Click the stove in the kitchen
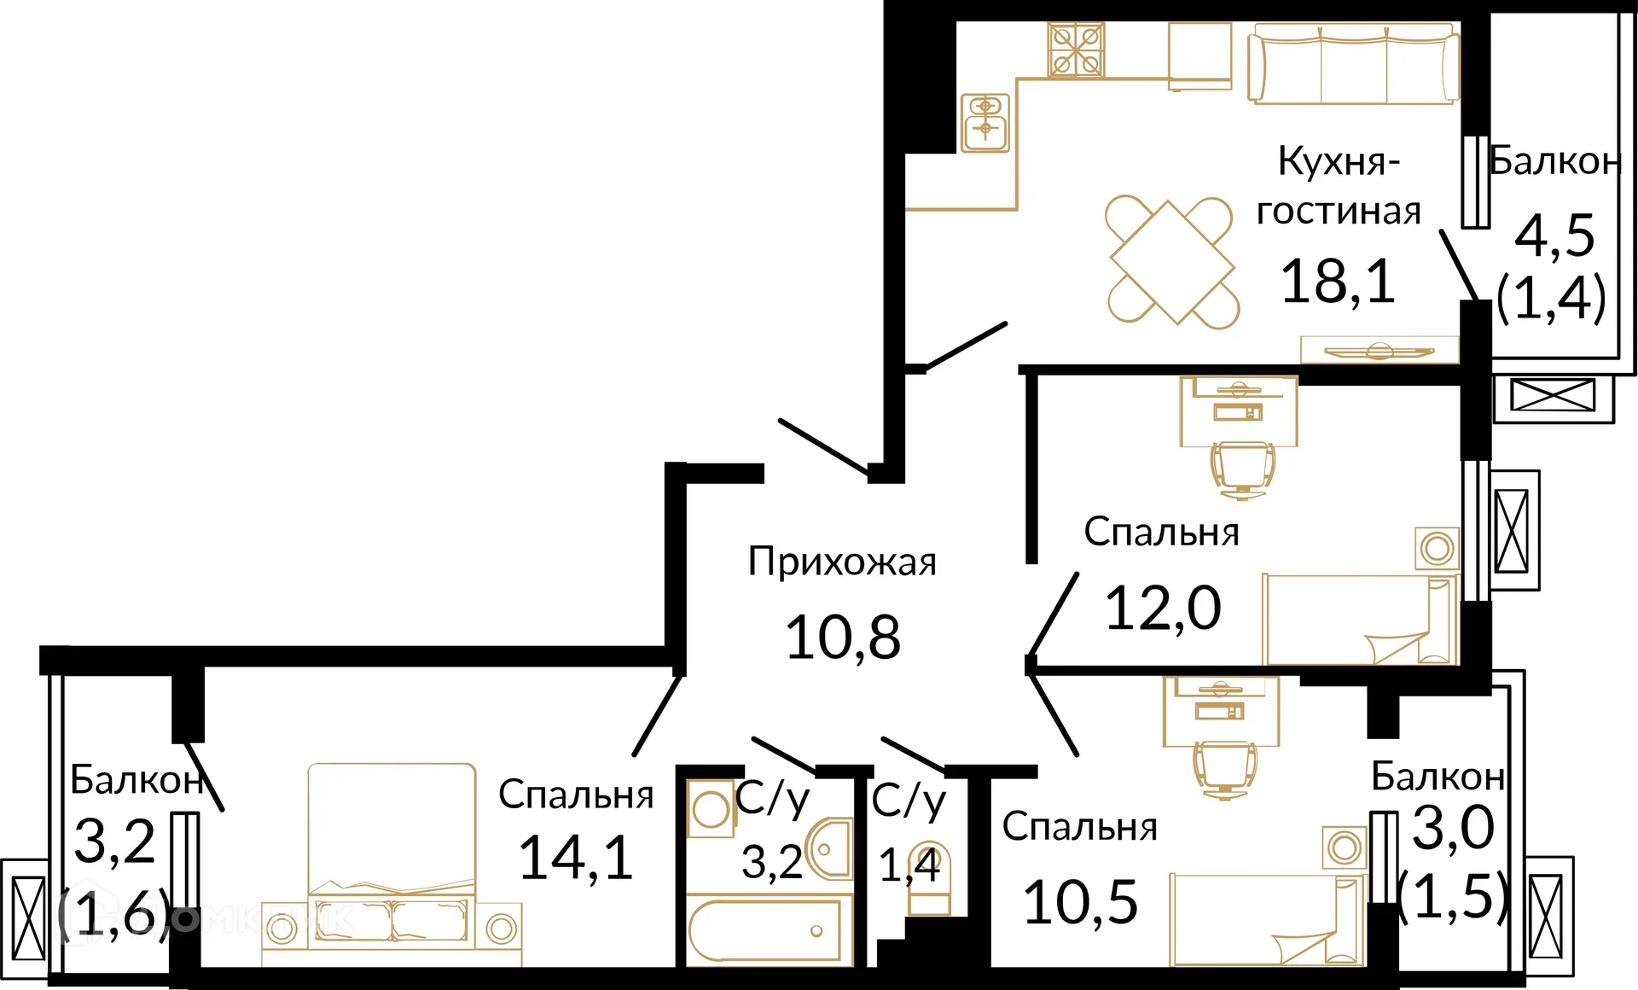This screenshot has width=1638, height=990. pos(1076,50)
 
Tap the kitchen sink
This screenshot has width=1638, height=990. pos(985,123)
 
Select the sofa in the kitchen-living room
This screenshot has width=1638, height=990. pos(1353,64)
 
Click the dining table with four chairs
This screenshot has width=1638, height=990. pos(1171,262)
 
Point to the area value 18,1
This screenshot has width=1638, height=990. pos(1338,282)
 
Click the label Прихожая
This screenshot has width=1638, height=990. pos(842,562)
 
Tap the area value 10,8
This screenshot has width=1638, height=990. pos(842,638)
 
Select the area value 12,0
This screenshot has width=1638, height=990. pos(1163,609)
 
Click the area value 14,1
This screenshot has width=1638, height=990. pos(576,858)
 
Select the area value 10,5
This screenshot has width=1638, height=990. pos(1080,903)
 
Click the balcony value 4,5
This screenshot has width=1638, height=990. pos(1554,236)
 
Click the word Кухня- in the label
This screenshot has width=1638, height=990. pos(1339,162)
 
